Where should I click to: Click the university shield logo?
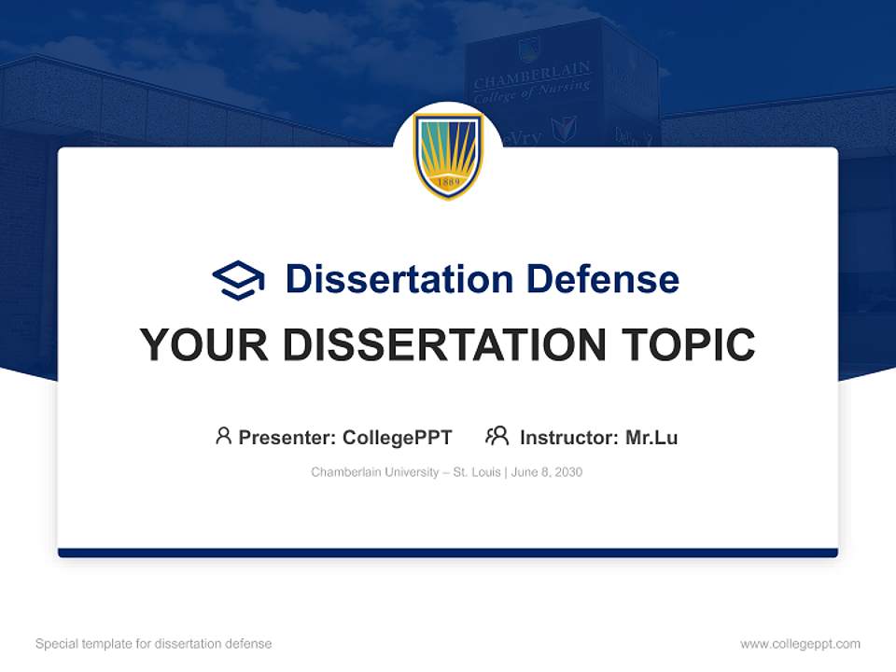pos(448,155)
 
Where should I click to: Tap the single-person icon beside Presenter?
pos(223,436)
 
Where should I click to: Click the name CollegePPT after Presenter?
pos(398,438)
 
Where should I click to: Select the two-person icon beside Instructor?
pos(497,436)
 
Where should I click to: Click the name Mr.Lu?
pos(651,438)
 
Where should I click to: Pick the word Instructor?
pos(568,438)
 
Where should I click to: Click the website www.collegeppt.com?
pos(800,644)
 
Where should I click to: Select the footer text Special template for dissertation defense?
pos(154,644)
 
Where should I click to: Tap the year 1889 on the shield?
pos(448,182)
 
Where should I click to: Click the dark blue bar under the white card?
pos(448,553)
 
